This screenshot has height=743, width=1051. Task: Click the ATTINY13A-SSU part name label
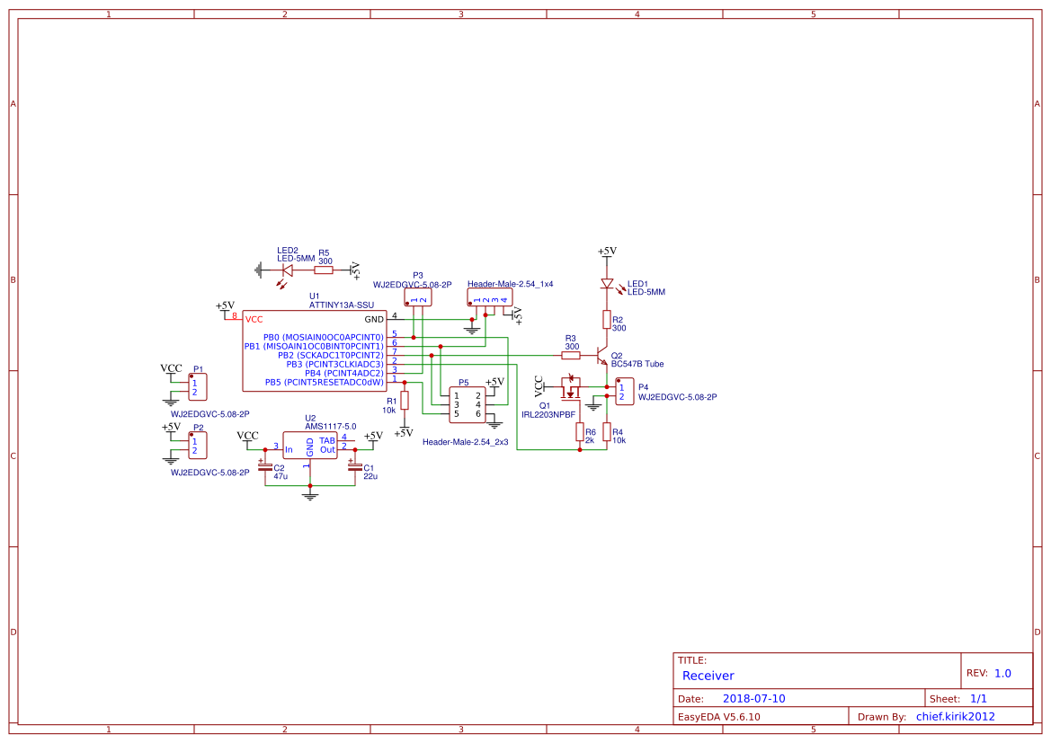coord(341,305)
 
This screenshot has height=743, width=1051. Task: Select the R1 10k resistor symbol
coord(405,401)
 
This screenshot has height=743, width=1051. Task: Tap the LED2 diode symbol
coord(288,270)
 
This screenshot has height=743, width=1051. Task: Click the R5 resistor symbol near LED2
coord(324,270)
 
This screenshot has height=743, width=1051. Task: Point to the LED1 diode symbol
coord(607,284)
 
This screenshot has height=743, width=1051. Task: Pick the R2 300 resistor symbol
coord(607,320)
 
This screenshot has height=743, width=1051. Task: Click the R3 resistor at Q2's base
coord(570,355)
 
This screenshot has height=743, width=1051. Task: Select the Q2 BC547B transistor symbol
coord(601,356)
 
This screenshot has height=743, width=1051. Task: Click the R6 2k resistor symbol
coord(580,432)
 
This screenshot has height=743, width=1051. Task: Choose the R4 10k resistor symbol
coord(607,432)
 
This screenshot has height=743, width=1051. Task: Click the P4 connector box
coord(625,391)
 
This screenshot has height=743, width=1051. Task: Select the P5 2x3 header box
coord(468,404)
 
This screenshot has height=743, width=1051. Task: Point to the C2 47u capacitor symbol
coord(265,468)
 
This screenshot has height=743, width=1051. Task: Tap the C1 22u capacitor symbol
coord(354,468)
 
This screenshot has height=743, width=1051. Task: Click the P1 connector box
coord(198,387)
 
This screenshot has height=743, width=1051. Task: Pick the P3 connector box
coord(418,297)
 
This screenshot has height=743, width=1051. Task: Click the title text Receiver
coord(708,676)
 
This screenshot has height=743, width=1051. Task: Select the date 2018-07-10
coord(753,699)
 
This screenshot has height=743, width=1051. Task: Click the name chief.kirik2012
coord(955,717)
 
